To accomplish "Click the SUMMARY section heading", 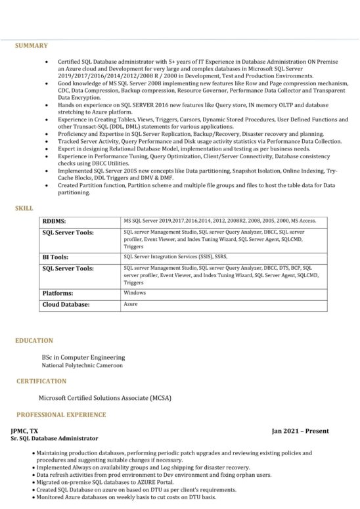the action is coord(32,45).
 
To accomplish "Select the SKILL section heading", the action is coord(24,208).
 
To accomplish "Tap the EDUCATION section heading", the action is coord(35,341).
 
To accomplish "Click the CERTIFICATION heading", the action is coord(41,381).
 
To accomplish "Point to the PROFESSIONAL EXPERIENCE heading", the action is coord(61,415).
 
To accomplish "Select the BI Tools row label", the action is coord(56,257).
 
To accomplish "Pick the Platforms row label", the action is coord(58,293).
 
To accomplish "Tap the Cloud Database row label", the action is coord(66,305).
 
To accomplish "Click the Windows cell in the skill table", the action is coord(135,293).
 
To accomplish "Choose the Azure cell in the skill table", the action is coord(131,305).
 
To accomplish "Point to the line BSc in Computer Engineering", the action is coord(83,357).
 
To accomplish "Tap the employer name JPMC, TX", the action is coord(24,430).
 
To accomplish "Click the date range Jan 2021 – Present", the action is coord(300,431).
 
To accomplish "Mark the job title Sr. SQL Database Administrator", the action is coord(55,438).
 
